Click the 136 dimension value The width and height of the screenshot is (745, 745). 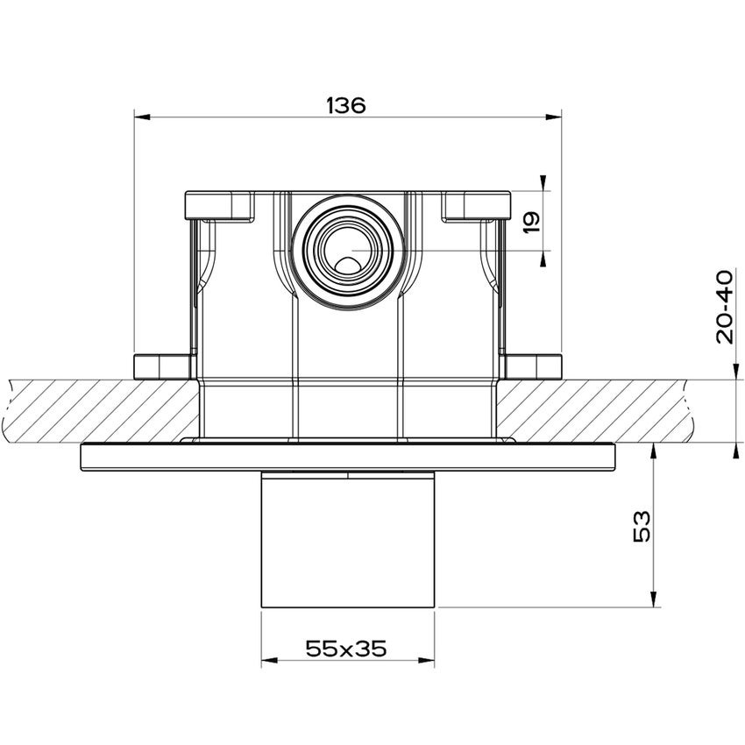click(x=345, y=105)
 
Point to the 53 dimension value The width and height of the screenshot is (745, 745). click(x=641, y=526)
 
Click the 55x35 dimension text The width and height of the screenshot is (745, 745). click(x=346, y=649)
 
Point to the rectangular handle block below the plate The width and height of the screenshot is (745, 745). click(x=348, y=539)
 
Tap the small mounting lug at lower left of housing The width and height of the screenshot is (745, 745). click(x=162, y=365)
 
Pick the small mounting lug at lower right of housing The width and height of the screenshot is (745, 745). click(x=534, y=365)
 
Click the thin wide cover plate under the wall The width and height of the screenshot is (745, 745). click(x=348, y=456)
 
